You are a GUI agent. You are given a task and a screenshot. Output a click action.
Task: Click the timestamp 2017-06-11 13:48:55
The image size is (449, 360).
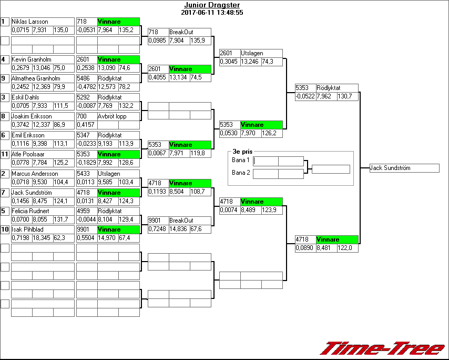(x=212, y=12)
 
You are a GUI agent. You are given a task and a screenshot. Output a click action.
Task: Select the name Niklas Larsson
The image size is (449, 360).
(x=30, y=22)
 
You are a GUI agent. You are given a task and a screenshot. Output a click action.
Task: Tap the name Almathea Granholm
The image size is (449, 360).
(x=36, y=78)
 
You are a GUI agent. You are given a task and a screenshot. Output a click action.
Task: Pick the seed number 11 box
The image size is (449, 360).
(x=5, y=154)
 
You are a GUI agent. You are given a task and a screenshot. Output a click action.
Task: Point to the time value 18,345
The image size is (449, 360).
(x=42, y=238)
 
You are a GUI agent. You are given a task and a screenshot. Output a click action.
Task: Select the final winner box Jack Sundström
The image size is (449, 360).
(x=404, y=168)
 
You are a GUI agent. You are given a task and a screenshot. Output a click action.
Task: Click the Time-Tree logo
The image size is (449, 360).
(x=383, y=348)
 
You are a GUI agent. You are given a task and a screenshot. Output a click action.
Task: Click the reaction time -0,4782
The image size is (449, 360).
(x=86, y=87)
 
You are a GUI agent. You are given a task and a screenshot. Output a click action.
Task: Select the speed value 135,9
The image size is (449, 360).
(x=198, y=41)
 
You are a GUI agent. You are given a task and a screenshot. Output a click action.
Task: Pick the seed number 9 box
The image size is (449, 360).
(x=5, y=78)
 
